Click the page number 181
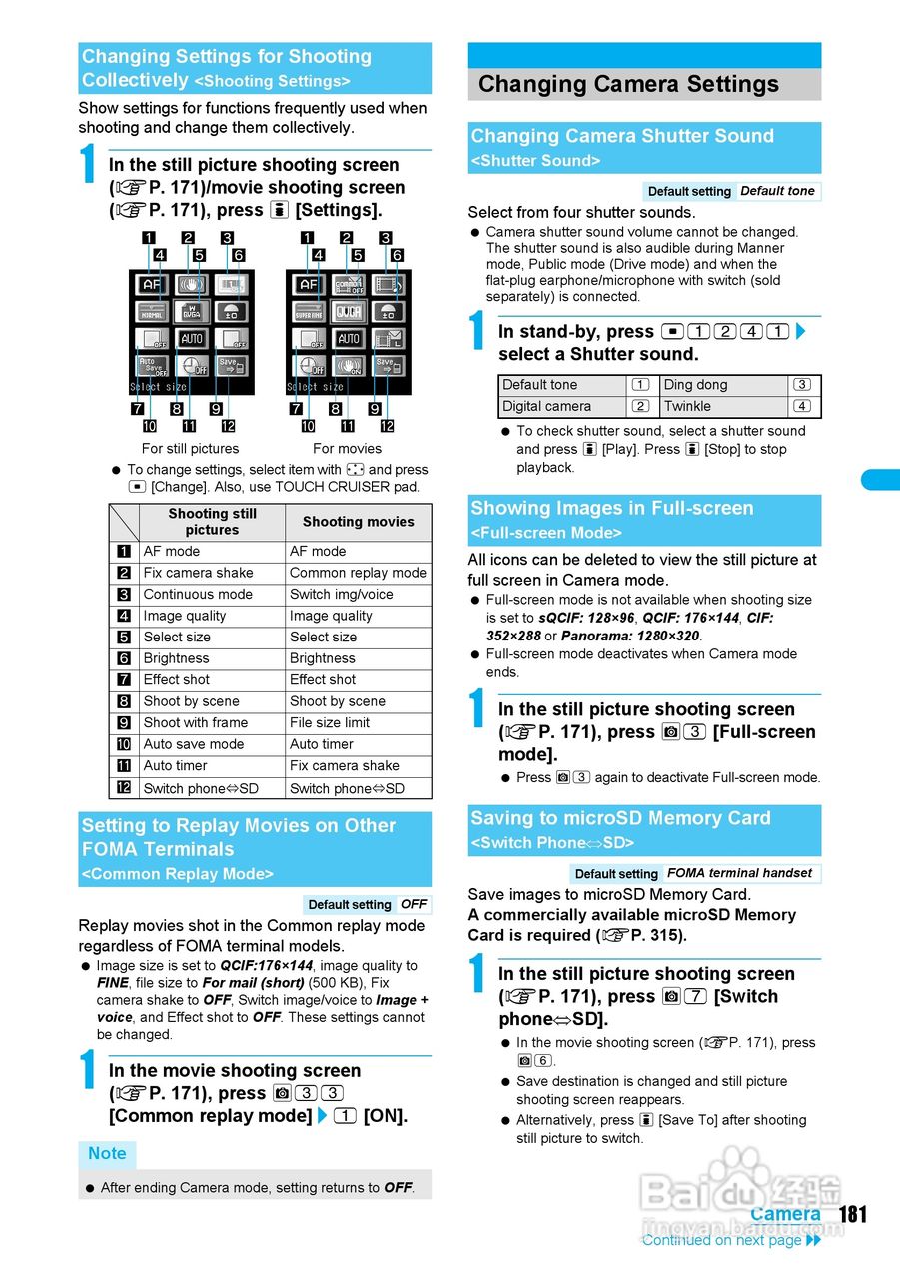(x=853, y=1214)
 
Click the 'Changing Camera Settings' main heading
(x=628, y=84)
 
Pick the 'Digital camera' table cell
(x=546, y=406)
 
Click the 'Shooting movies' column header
(x=358, y=522)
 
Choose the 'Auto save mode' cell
(x=194, y=744)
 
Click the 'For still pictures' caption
(x=190, y=448)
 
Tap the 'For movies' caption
(x=347, y=448)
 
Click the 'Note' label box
(x=107, y=1154)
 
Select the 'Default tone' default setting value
(x=777, y=191)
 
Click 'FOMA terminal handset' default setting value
(x=739, y=873)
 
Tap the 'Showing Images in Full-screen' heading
(x=611, y=509)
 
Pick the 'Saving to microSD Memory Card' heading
(x=620, y=819)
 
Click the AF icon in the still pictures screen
(x=151, y=285)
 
